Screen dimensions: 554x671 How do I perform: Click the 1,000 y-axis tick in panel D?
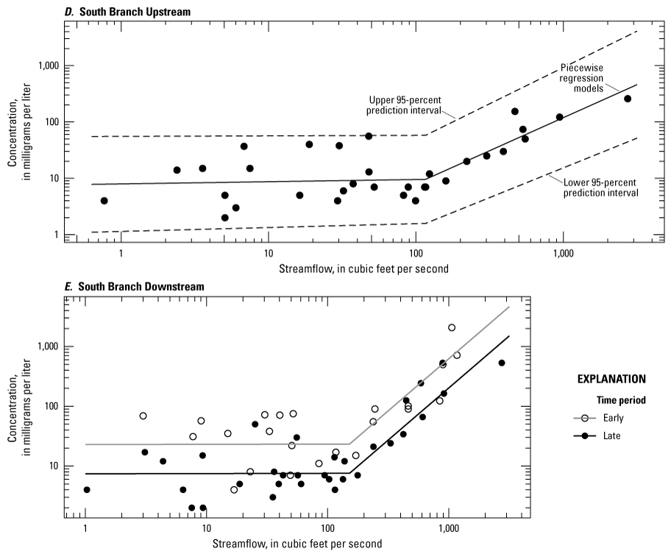(x=49, y=66)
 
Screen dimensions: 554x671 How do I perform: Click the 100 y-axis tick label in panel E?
(x=51, y=406)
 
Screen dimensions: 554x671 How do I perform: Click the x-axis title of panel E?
(x=297, y=544)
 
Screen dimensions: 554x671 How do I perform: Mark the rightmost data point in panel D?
(x=628, y=99)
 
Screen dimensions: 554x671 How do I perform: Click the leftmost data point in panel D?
(x=104, y=201)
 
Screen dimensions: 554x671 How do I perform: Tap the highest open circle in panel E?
(x=452, y=327)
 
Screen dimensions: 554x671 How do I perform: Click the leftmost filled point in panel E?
(x=87, y=490)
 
